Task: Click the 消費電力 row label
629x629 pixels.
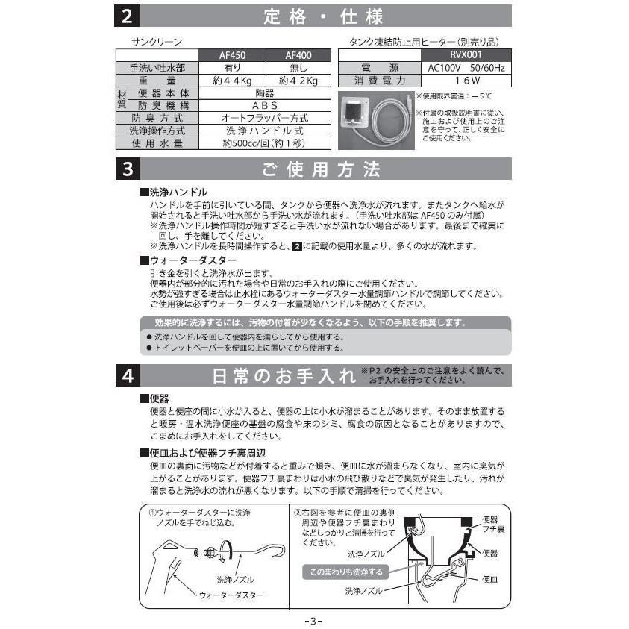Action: [379, 81]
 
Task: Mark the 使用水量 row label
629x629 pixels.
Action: [157, 143]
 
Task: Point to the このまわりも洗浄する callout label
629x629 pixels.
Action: [342, 572]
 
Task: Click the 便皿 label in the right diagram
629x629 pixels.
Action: [490, 578]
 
